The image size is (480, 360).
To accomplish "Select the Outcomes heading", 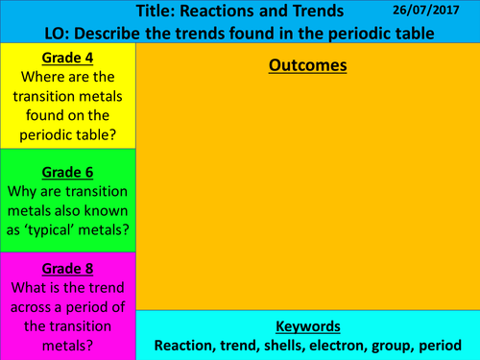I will tap(307, 66).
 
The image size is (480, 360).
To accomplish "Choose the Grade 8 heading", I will tap(67, 272).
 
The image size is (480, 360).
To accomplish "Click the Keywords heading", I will tap(307, 325).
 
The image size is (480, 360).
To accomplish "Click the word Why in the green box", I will tap(29, 192).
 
